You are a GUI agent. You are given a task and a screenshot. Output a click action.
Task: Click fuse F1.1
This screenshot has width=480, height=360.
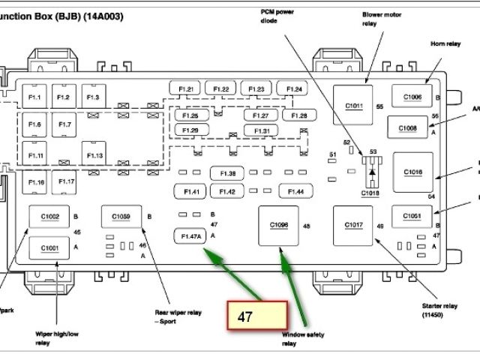point(35,97)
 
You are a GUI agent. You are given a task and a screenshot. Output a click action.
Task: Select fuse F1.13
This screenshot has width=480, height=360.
point(93,155)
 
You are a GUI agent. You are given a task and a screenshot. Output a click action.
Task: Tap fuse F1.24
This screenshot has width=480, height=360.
point(294,90)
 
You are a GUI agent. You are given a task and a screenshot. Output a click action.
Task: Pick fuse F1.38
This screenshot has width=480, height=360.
point(227,174)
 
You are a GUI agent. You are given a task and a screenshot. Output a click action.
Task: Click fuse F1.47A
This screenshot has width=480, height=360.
point(190,237)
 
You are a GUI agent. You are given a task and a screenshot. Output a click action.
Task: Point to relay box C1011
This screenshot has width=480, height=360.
point(354,106)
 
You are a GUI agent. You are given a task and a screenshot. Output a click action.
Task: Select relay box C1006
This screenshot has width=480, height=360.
point(412,97)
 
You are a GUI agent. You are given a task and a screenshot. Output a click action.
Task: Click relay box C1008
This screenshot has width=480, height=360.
point(407,128)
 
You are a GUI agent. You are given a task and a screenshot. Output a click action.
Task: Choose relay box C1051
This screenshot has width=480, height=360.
point(412,217)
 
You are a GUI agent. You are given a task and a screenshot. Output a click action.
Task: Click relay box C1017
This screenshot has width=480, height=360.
point(354,225)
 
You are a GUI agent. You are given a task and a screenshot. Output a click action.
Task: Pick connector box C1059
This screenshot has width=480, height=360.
point(121,217)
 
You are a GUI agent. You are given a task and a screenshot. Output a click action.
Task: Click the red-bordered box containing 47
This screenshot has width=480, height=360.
point(258,316)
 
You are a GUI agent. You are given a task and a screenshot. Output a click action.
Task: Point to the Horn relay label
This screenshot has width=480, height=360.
point(444,43)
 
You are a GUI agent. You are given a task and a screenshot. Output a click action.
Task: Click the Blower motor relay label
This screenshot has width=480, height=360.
point(380,19)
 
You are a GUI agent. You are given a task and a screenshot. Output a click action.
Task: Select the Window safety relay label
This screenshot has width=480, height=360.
point(303,340)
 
